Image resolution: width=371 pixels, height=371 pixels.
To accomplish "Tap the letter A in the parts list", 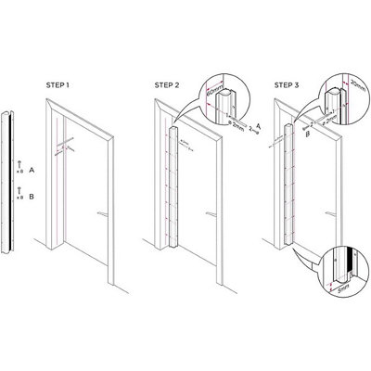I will (x=32, y=171).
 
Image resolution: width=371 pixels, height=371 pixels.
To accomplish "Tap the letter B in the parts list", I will (x=32, y=197).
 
